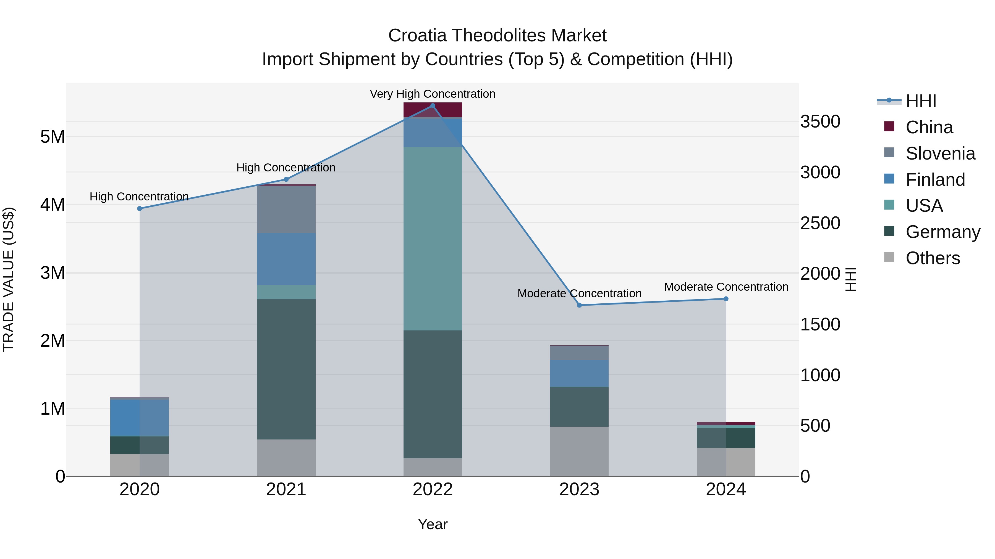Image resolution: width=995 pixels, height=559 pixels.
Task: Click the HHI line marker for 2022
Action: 433,106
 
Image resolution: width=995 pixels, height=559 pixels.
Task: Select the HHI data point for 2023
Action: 579,305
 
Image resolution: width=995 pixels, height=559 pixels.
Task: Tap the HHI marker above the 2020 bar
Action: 140,209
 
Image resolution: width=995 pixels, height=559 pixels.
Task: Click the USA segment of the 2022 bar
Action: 433,239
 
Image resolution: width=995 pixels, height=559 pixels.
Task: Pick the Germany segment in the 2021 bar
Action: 286,369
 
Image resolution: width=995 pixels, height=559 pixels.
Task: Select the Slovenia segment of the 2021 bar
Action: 286,210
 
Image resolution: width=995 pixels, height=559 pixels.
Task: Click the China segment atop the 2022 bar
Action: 433,110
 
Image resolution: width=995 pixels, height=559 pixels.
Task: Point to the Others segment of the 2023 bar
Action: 579,451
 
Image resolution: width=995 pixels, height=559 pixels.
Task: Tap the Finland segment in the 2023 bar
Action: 579,373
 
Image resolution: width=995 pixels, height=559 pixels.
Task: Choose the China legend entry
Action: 929,127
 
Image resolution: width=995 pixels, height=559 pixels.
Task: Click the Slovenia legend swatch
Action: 889,152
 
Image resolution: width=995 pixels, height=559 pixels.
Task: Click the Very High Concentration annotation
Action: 433,94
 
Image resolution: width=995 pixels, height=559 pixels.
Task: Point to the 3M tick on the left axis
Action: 53,273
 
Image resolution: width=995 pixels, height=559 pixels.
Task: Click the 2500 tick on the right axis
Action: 820,223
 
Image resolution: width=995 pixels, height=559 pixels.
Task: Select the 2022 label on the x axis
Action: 433,489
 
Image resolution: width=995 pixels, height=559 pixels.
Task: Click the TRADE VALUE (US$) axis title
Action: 9,279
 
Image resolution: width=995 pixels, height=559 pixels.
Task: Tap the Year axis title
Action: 433,524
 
